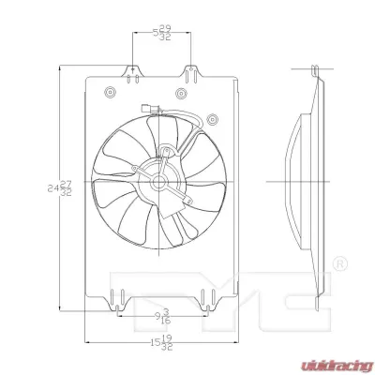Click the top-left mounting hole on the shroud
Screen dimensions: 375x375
(111, 92)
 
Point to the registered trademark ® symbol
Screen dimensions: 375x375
(340, 262)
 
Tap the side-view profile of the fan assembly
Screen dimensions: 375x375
(305, 178)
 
